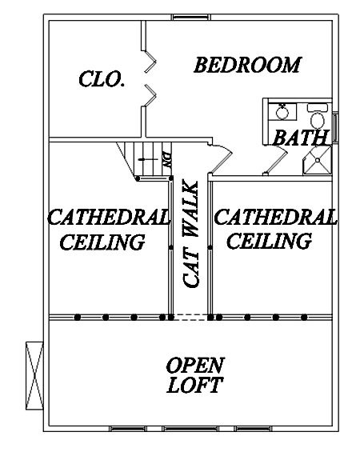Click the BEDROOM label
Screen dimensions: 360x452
[247, 65]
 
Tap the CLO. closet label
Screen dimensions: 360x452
[102, 78]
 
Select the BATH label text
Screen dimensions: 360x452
[301, 138]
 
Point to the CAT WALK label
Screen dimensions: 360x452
[190, 234]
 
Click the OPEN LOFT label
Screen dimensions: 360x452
[195, 375]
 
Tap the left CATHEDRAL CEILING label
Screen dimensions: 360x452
[108, 230]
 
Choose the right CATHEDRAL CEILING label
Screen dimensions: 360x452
[275, 229]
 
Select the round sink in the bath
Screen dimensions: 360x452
[282, 112]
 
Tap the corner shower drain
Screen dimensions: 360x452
[318, 160]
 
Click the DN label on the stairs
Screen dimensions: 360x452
[166, 159]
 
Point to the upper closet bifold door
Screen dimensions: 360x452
[149, 61]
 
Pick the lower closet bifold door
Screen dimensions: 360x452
[150, 95]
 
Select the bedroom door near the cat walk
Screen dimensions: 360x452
[221, 158]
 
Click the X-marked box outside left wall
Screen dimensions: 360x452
[34, 375]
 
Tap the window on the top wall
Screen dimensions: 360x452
[191, 18]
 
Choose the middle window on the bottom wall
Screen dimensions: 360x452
[190, 429]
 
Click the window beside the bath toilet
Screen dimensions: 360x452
[335, 127]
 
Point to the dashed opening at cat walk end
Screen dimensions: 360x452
[190, 318]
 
